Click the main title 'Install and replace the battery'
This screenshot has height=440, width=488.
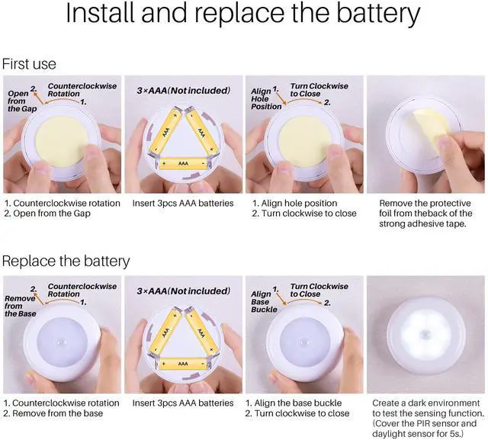click(243, 14)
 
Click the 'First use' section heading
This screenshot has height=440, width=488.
click(29, 64)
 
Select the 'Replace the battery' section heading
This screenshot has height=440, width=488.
click(66, 261)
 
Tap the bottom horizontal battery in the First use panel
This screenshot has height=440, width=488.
click(183, 163)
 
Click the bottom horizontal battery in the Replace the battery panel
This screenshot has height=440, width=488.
click(183, 364)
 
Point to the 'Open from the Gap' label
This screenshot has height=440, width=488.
click(22, 101)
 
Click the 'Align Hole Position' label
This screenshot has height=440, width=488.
click(266, 98)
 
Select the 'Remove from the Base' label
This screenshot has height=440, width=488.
click(21, 306)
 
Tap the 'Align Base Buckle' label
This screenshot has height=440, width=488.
click(264, 301)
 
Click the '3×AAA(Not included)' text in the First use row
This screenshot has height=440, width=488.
click(184, 91)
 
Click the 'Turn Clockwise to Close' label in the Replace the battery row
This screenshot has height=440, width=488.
click(319, 290)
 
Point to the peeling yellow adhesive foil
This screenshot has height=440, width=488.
click(430, 124)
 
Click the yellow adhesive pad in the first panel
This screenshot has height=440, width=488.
click(62, 142)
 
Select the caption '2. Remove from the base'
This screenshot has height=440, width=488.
click(53, 413)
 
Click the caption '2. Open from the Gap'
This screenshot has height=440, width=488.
click(47, 214)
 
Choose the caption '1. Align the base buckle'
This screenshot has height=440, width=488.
click(294, 403)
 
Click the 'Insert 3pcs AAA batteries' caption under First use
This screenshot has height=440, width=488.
click(183, 203)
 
